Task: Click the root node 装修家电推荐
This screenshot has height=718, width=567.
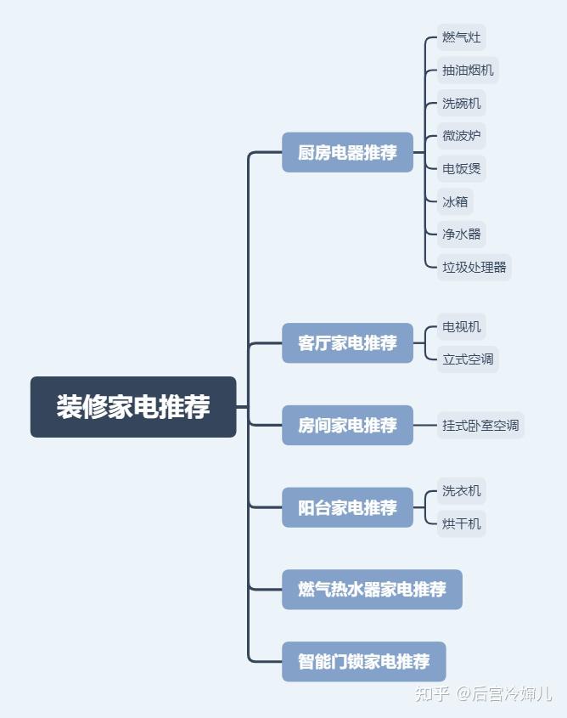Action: (x=133, y=407)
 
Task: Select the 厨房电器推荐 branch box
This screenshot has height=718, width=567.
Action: (x=347, y=153)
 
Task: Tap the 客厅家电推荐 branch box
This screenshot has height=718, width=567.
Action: (x=347, y=343)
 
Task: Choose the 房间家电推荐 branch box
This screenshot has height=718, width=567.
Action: (x=347, y=425)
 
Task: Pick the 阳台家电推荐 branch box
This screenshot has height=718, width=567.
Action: (x=347, y=507)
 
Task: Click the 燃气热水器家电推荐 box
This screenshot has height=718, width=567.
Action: (x=372, y=589)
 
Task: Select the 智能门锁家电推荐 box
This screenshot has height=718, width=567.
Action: (x=363, y=661)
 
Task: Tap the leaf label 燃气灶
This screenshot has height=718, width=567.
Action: (x=462, y=37)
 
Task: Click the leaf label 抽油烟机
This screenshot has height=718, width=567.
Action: (x=468, y=71)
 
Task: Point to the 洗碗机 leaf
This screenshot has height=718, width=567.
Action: (x=462, y=104)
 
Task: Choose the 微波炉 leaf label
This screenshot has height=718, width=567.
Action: (x=462, y=136)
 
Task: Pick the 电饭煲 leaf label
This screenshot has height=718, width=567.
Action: (x=462, y=168)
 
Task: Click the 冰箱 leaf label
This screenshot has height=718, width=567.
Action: (x=455, y=201)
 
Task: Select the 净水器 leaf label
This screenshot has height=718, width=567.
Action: (x=462, y=234)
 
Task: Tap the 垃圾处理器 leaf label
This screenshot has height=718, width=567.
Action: (x=474, y=267)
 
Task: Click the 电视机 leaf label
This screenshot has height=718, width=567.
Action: (x=462, y=326)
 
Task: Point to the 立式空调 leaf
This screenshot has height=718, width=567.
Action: (x=468, y=359)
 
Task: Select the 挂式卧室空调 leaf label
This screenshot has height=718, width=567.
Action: (x=480, y=425)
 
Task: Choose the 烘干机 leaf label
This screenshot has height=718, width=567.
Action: (x=462, y=523)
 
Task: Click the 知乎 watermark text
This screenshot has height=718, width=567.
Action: (x=432, y=694)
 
